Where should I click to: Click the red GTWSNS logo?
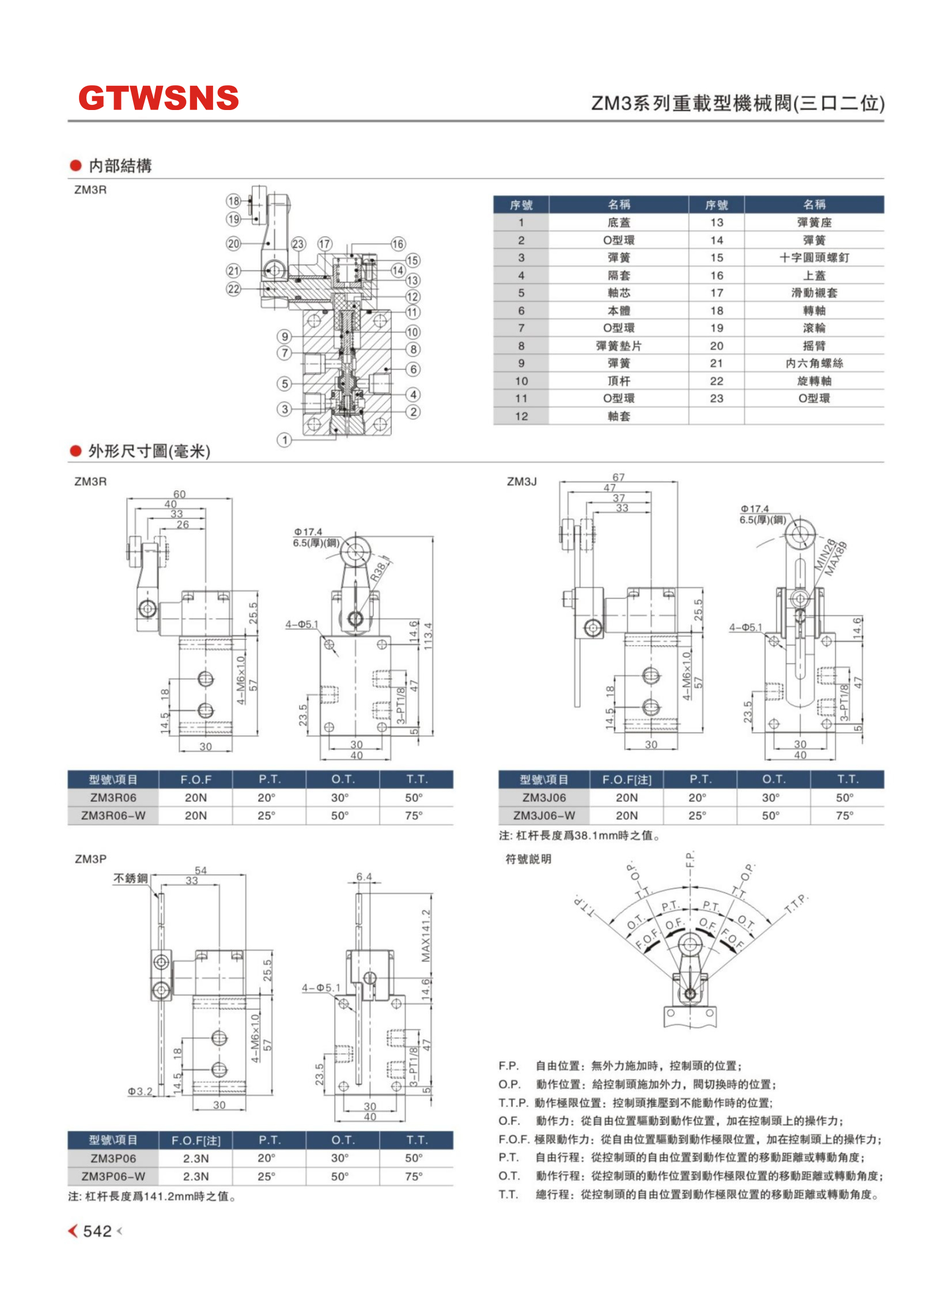pyautogui.click(x=158, y=98)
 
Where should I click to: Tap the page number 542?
pyautogui.click(x=97, y=1231)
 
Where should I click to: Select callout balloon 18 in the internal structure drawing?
pyautogui.click(x=233, y=201)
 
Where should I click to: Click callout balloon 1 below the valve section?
pyautogui.click(x=284, y=440)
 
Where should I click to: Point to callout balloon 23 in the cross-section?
pyautogui.click(x=298, y=244)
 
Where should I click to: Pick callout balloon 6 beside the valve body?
pyautogui.click(x=413, y=369)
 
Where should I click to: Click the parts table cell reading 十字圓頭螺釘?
pyautogui.click(x=813, y=257)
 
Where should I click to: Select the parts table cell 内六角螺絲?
pyautogui.click(x=813, y=363)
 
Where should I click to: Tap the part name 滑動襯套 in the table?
pyautogui.click(x=813, y=293)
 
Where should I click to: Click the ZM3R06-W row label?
pyautogui.click(x=113, y=815)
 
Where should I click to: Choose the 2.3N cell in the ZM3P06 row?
pyautogui.click(x=196, y=1158)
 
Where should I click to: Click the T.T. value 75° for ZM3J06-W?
pyautogui.click(x=845, y=815)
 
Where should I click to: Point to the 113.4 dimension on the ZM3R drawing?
pyautogui.click(x=427, y=636)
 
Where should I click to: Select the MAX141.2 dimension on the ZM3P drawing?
pyautogui.click(x=426, y=935)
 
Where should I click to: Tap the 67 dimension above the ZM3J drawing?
pyautogui.click(x=618, y=478)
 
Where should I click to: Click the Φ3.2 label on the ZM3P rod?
pyautogui.click(x=140, y=1091)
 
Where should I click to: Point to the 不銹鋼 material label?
pyautogui.click(x=131, y=878)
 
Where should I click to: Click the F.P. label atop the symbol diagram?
pyautogui.click(x=690, y=859)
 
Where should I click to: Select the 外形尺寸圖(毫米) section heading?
pyautogui.click(x=149, y=451)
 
